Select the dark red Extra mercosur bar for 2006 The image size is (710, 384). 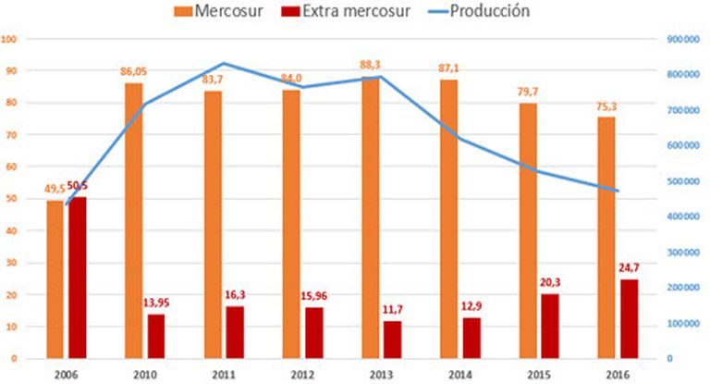pos(77,277)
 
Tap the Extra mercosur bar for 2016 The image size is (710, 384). pos(629,318)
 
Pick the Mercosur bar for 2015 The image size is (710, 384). pos(528,230)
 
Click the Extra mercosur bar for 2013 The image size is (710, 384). pos(392,339)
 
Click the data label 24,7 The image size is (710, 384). pos(630,268)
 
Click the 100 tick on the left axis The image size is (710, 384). pos(11,40)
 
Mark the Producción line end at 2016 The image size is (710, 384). pos(618,192)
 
